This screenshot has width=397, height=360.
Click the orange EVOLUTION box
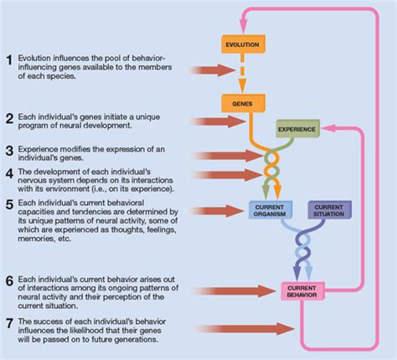click(243, 44)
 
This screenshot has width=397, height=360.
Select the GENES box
click(243, 104)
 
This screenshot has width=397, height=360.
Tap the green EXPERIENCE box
click(297, 129)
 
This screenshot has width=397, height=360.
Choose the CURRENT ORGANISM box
click(271, 210)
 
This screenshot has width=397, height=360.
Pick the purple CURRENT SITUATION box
click(329, 210)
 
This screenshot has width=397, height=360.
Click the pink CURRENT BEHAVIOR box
click(302, 291)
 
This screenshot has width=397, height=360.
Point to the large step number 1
click(9, 60)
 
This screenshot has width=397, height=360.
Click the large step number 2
click(9, 119)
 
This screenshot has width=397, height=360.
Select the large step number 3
click(9, 151)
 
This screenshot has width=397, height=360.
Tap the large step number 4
click(9, 173)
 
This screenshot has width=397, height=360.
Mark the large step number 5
click(9, 204)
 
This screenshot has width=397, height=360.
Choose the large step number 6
click(9, 281)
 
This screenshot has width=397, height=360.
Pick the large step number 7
click(9, 323)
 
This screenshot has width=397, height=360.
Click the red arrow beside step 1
click(213, 70)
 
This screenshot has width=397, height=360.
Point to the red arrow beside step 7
click(244, 329)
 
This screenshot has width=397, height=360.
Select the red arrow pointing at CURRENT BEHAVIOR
click(235, 291)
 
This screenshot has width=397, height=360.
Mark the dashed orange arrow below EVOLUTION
click(242, 73)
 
